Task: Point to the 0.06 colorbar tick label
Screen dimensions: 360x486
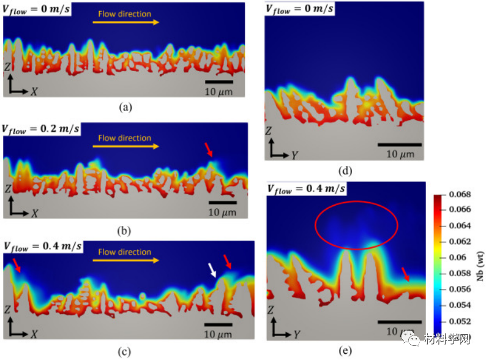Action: pyautogui.click(x=457, y=257)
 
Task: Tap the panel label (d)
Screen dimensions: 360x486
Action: pyautogui.click(x=346, y=172)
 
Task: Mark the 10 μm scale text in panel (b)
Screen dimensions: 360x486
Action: pyautogui.click(x=222, y=212)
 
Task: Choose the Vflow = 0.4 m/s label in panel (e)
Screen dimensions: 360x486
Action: pyautogui.click(x=305, y=189)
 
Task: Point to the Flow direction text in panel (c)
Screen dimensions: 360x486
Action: pyautogui.click(x=125, y=252)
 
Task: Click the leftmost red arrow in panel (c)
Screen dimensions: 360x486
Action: pyautogui.click(x=17, y=264)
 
